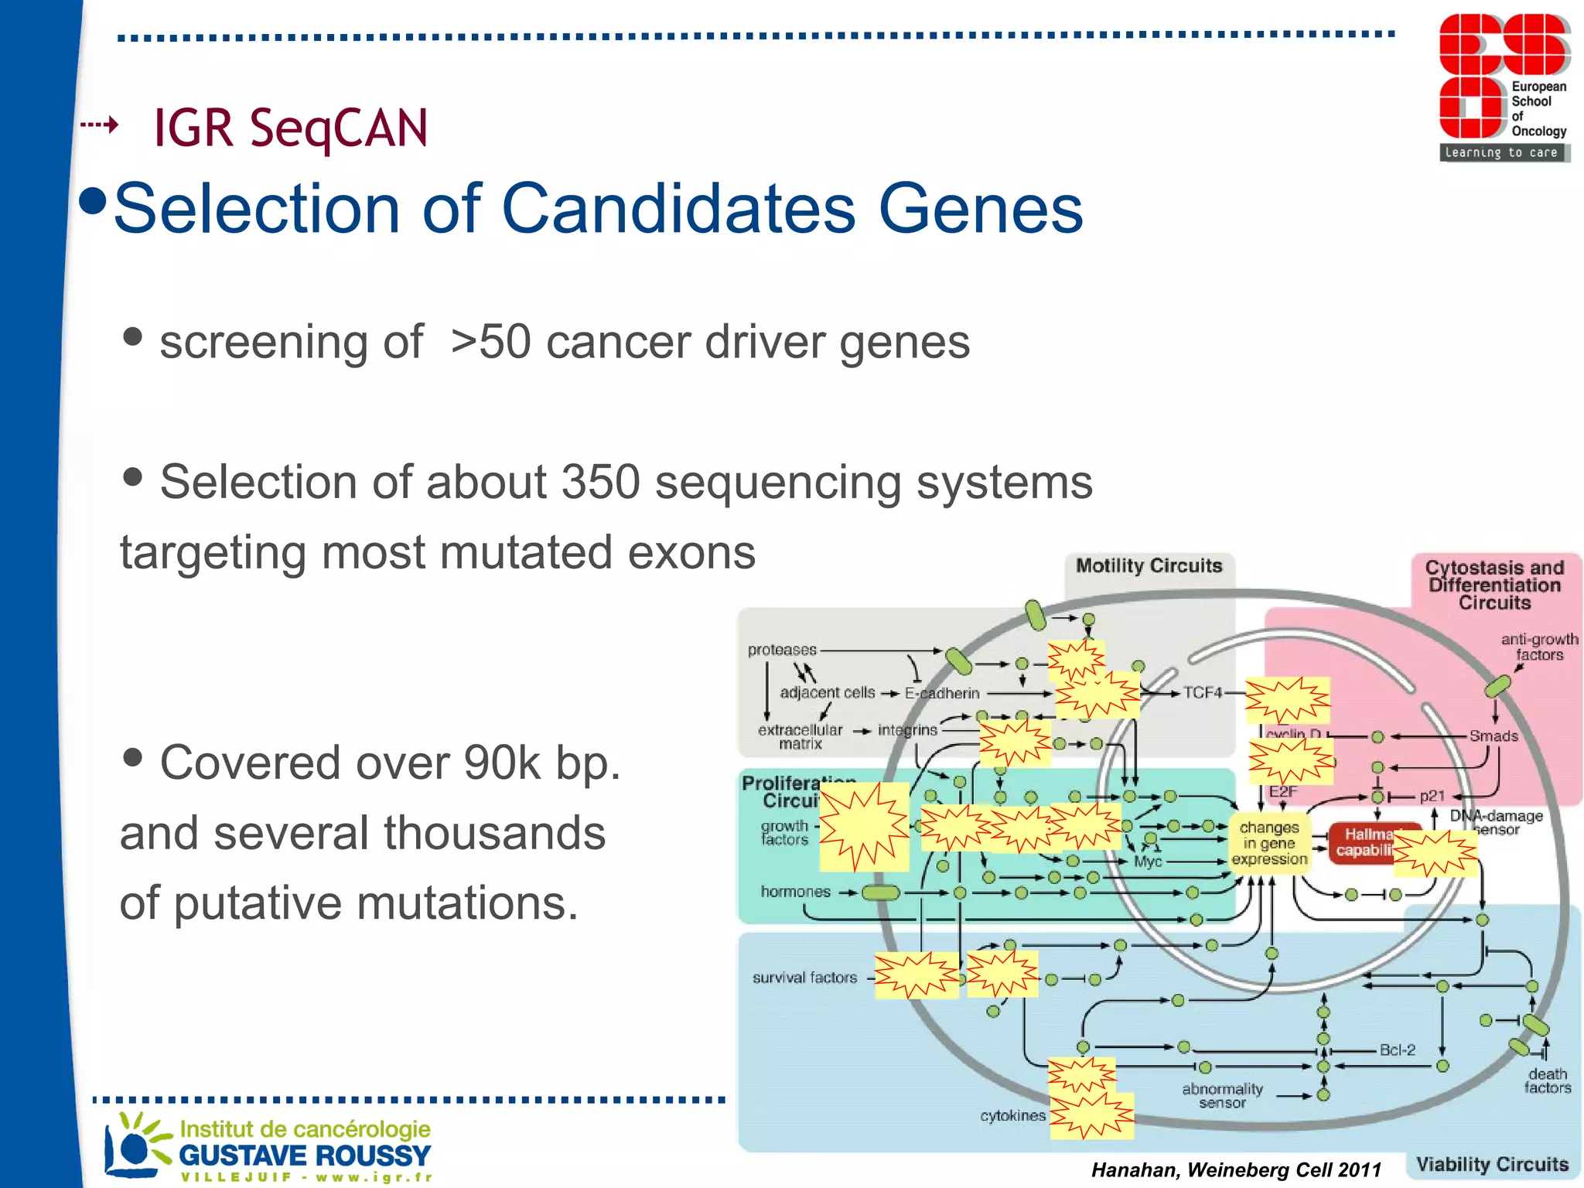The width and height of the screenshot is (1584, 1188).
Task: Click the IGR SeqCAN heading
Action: [290, 128]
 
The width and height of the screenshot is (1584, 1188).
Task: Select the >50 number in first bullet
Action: [490, 342]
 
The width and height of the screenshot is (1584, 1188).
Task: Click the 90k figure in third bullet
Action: [502, 763]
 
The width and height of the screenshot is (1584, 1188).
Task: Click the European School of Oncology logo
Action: [1503, 87]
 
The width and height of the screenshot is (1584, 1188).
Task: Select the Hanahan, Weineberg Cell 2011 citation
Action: [1235, 1170]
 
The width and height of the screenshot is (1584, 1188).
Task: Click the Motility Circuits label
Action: [1149, 566]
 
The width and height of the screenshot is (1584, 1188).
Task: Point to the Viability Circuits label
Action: [1491, 1165]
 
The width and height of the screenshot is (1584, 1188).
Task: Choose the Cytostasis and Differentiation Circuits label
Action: [1494, 585]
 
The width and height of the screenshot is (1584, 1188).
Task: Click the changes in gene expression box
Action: [1269, 843]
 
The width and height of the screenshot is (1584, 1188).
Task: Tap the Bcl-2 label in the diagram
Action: [1397, 1050]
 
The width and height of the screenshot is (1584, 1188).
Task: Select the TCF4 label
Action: [1202, 693]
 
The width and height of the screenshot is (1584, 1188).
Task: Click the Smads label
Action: [1494, 736]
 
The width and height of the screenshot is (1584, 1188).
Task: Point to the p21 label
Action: [1432, 796]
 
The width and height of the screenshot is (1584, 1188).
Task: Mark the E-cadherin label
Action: [942, 694]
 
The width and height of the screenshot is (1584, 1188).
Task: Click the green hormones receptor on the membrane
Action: [880, 893]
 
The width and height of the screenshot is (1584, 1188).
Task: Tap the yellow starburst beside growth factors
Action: [864, 827]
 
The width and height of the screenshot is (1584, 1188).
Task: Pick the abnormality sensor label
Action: [1222, 1095]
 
